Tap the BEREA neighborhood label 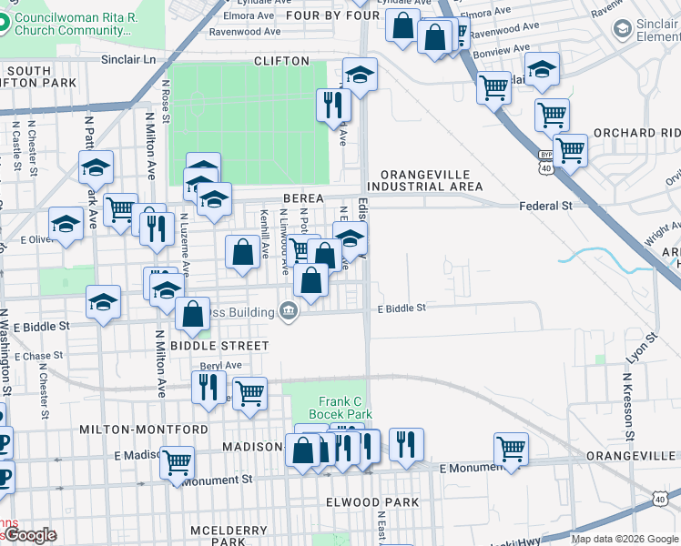coord(304,197)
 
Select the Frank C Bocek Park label coord(346,408)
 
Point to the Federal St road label coord(545,206)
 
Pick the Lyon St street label coord(641,345)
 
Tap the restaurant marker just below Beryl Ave coord(208,387)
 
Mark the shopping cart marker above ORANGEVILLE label coord(512,448)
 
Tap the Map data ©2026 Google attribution coord(625,539)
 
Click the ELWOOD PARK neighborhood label coord(369,502)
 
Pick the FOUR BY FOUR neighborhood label coord(331,15)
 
